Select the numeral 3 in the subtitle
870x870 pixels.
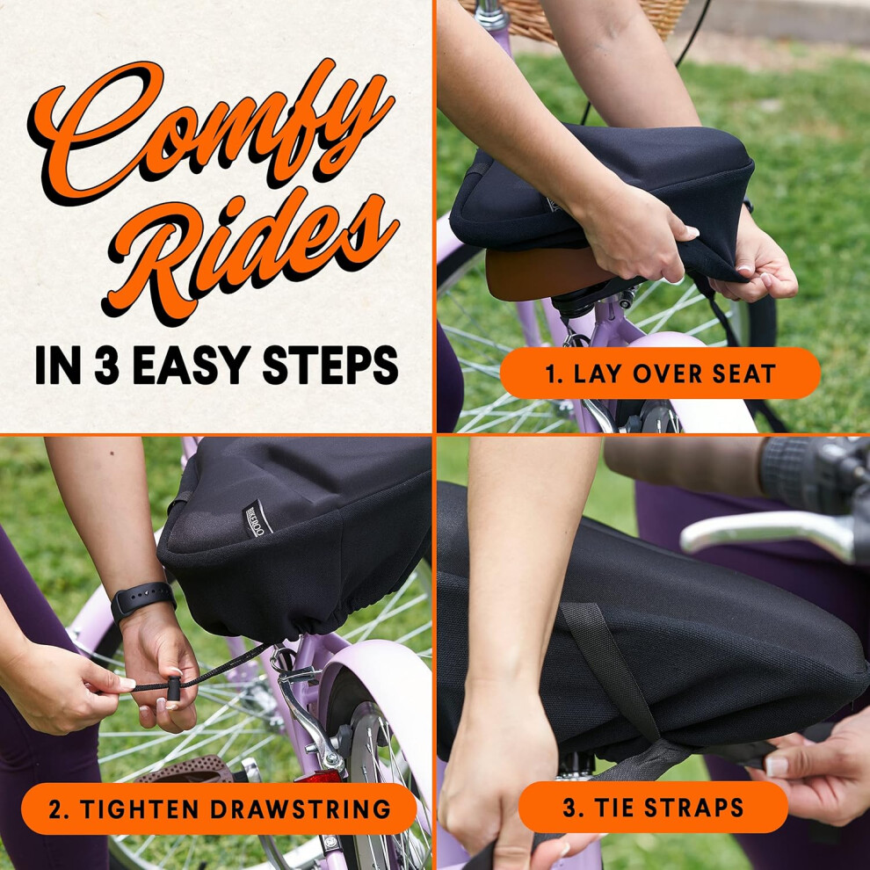coord(106,365)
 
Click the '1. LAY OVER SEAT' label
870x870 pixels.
coord(660,373)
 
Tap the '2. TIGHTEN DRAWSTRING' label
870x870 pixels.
coord(219,809)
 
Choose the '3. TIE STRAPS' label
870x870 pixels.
coord(653,808)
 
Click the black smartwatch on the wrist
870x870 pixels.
coord(143,600)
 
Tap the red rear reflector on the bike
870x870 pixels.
coord(318,776)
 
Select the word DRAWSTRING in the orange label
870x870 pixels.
coord(301,809)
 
